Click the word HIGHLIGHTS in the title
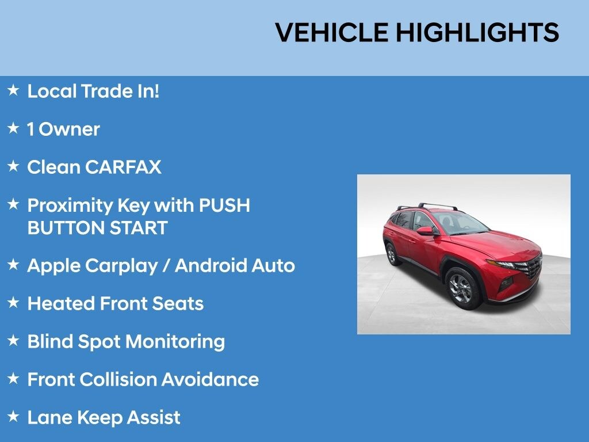pos(477,33)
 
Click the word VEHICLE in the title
pos(332,33)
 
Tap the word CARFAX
pos(123,167)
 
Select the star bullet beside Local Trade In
pos(13,90)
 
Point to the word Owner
pos(70,129)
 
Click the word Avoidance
pos(210,380)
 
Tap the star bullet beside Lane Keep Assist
pos(13,416)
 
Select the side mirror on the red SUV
pos(426,231)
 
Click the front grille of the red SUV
pos(533,268)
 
